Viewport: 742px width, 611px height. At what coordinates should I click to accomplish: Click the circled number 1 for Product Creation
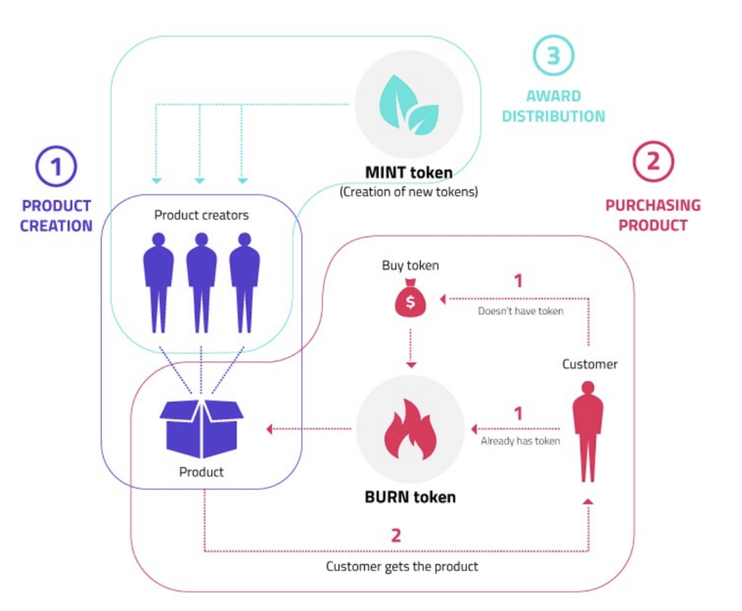coord(56,169)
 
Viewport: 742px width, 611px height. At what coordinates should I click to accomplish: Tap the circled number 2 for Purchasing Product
coord(653,162)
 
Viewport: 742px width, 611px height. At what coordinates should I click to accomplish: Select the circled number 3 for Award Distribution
coord(553,55)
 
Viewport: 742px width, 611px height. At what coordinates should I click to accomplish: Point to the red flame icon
coord(409,431)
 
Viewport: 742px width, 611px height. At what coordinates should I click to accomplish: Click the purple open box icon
coord(201,427)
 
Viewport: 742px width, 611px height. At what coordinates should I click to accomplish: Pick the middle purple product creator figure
coord(201,282)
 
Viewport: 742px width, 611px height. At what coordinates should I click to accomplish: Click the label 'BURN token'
coord(409,496)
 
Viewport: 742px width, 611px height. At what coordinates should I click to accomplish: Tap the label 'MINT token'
coord(409,173)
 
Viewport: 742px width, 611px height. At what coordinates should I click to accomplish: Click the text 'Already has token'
coord(519,441)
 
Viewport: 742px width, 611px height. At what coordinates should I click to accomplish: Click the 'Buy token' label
coord(410,265)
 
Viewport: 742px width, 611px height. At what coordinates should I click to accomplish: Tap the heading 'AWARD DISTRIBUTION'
coord(553,106)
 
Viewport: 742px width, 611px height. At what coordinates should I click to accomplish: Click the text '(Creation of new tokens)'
coord(409,191)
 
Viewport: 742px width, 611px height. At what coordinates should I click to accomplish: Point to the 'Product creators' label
coord(201,215)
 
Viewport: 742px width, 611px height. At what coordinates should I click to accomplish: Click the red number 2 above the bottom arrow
coord(396,535)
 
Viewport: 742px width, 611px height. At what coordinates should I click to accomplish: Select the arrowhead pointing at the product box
coord(269,430)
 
